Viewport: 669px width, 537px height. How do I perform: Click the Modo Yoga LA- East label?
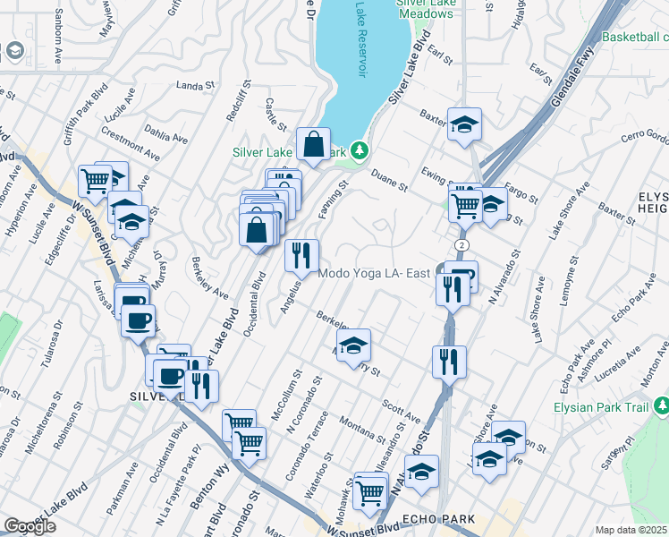point(375,273)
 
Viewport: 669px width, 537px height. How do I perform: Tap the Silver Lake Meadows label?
point(425,9)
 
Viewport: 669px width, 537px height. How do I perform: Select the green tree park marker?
point(360,150)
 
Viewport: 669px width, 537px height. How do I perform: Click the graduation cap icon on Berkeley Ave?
point(354,344)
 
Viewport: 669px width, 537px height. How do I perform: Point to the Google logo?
point(29,526)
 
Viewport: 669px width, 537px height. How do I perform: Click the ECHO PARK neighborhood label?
point(432,518)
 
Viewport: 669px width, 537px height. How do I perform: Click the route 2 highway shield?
point(459,243)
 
